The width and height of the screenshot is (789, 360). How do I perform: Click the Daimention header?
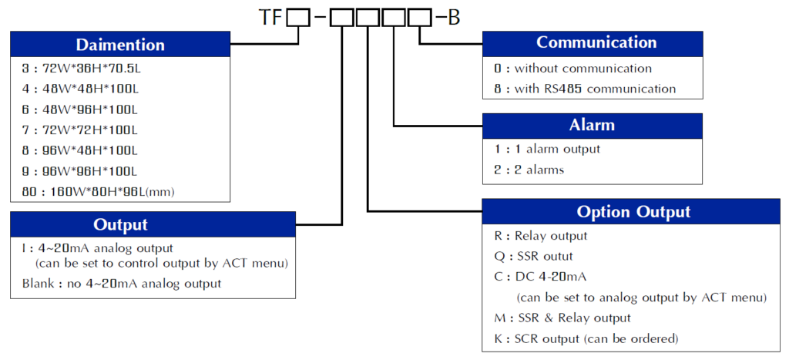pyautogui.click(x=120, y=44)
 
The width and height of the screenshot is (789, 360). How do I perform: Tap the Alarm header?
pyautogui.click(x=593, y=125)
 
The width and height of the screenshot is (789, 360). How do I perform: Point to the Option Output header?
pyautogui.click(x=634, y=211)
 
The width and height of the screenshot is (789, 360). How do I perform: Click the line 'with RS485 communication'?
pyautogui.click(x=585, y=89)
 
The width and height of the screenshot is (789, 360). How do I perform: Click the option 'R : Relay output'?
pyautogui.click(x=541, y=236)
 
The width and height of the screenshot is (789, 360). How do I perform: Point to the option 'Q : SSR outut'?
pyautogui.click(x=533, y=256)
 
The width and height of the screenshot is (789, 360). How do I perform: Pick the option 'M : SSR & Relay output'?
pyautogui.click(x=562, y=318)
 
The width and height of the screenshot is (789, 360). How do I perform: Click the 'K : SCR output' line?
pyautogui.click(x=586, y=338)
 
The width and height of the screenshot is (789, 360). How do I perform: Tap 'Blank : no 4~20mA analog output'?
pyautogui.click(x=122, y=284)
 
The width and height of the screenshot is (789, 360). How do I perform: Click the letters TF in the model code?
pyautogui.click(x=271, y=17)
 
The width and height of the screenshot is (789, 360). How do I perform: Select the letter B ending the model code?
pyautogui.click(x=453, y=17)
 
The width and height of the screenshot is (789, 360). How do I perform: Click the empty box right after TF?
pyautogui.click(x=297, y=17)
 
